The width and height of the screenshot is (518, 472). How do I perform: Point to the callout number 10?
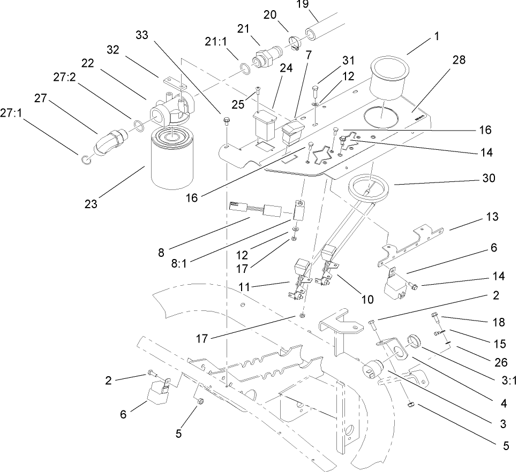click(366, 300)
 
